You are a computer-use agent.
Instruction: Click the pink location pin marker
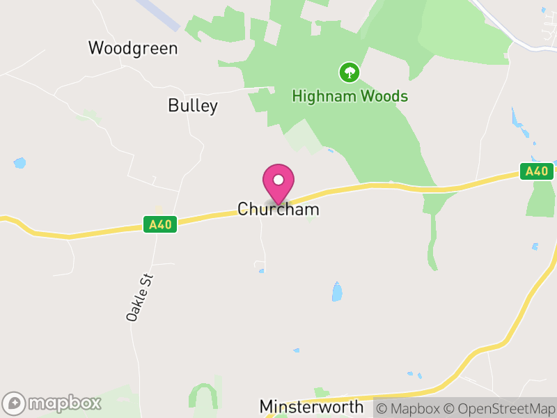[278, 183]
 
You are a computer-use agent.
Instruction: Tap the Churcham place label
[278, 209]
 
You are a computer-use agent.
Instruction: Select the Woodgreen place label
[133, 48]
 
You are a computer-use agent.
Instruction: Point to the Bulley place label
[193, 106]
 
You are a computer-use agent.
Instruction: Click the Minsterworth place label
[311, 406]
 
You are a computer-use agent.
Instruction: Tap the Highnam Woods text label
[350, 96]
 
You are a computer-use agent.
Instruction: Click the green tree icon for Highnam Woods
[349, 72]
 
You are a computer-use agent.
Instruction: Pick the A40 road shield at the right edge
[537, 171]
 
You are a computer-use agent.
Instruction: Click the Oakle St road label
[139, 297]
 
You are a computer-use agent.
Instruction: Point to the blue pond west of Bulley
[19, 163]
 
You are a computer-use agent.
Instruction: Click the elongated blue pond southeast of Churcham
[337, 291]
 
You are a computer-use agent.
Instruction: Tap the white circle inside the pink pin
[278, 180]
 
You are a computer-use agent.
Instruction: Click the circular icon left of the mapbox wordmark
[15, 403]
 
